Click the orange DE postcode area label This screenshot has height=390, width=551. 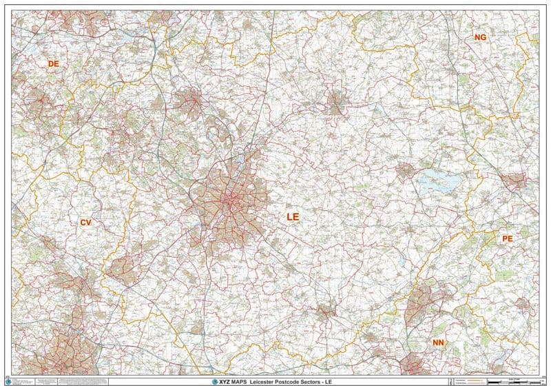click(53, 63)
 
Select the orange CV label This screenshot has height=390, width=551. click(85, 223)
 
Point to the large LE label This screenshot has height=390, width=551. click(293, 216)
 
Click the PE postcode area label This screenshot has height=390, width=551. click(508, 238)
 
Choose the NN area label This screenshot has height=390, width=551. click(438, 342)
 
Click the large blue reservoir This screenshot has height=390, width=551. click(438, 182)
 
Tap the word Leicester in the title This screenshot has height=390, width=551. click(263, 381)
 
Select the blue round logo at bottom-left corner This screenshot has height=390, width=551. click(8, 380)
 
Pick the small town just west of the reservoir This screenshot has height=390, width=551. click(404, 170)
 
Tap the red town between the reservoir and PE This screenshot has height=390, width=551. click(514, 182)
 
